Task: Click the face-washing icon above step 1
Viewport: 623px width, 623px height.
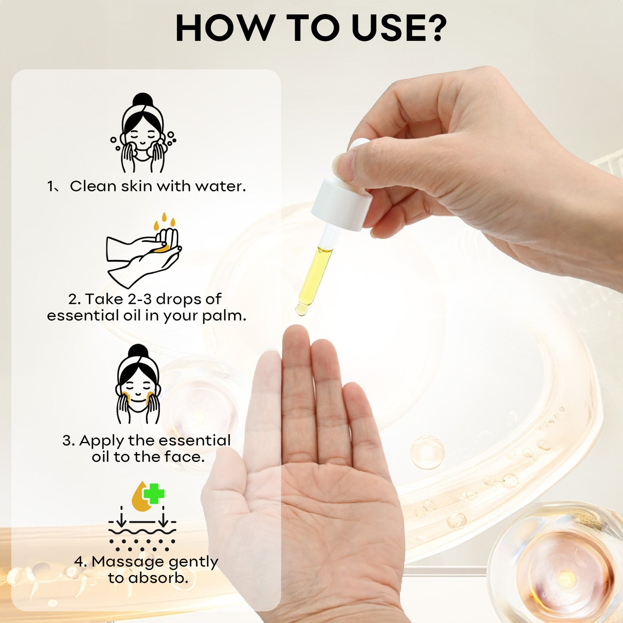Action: point(143,133)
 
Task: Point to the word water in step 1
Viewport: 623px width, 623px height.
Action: point(220,186)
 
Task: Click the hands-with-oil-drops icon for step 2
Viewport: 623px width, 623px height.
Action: point(144,250)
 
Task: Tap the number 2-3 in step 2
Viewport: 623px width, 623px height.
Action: point(139,299)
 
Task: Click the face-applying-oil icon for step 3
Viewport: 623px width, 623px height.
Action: point(138,384)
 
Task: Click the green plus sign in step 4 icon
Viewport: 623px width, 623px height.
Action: point(154,493)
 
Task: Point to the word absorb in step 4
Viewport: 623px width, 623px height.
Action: point(158,578)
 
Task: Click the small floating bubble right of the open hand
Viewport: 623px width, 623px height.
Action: point(427,452)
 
